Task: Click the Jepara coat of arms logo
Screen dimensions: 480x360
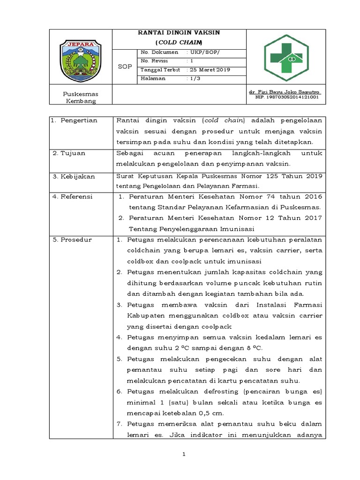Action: (81, 58)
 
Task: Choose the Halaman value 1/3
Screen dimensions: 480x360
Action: (194, 79)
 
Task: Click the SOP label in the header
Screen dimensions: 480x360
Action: (124, 67)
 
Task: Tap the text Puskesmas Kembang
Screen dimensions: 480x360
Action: (81, 97)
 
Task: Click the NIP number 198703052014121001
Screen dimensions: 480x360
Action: (287, 97)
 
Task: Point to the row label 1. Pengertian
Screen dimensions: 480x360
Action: (75, 120)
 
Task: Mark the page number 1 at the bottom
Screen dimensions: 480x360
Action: (184, 454)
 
